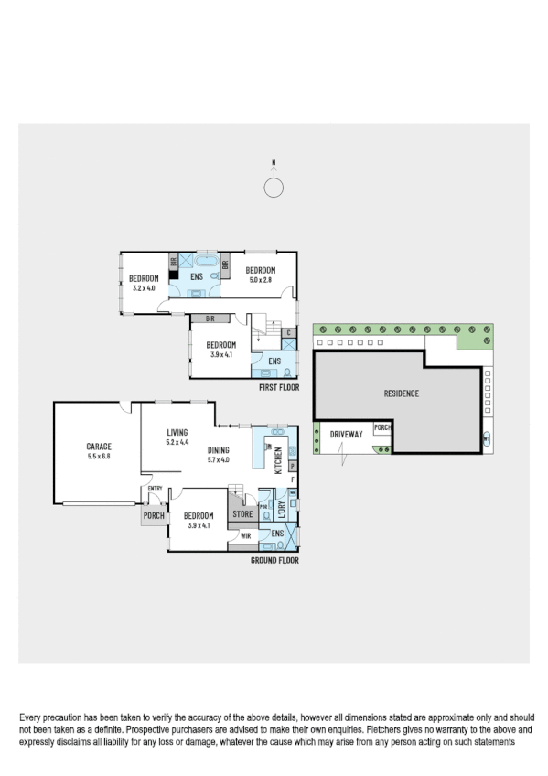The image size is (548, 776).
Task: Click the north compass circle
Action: [273, 188]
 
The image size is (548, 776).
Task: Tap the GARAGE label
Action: [98, 447]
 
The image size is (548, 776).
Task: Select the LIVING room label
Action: [177, 433]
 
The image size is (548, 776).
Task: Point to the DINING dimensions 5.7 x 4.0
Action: [218, 459]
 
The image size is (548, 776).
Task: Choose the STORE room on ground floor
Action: [242, 514]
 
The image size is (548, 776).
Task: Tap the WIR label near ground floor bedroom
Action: [245, 536]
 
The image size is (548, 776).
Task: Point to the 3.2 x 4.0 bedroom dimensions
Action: [145, 287]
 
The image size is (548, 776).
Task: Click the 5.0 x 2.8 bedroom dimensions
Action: [260, 279]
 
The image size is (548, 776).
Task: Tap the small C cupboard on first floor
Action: [289, 332]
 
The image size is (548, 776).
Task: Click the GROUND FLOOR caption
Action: [274, 560]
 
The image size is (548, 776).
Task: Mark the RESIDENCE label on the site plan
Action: [400, 393]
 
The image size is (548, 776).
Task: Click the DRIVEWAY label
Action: [347, 433]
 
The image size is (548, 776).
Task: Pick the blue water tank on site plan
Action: [486, 436]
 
